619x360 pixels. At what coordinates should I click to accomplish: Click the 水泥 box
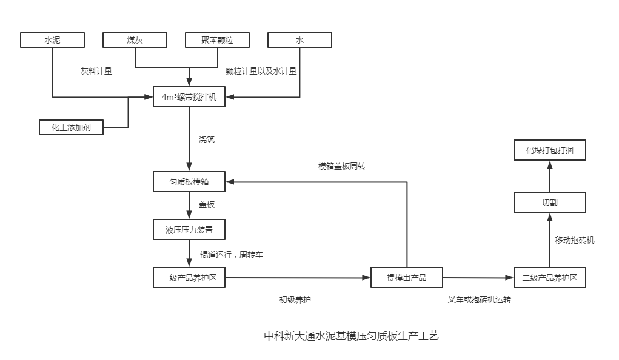pyautogui.click(x=52, y=40)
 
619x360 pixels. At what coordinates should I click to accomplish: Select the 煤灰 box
pyautogui.click(x=135, y=40)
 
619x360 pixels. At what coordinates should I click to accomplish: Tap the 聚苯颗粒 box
pyautogui.click(x=217, y=40)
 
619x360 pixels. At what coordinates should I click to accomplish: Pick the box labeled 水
pyautogui.click(x=299, y=40)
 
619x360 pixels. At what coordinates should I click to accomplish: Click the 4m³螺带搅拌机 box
pyautogui.click(x=189, y=97)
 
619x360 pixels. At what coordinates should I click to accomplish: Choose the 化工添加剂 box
pyautogui.click(x=70, y=127)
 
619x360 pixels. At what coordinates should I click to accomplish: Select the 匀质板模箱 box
pyautogui.click(x=189, y=181)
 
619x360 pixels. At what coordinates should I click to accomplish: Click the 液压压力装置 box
pyautogui.click(x=189, y=230)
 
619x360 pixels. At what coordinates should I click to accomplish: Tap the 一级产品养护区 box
pyautogui.click(x=189, y=278)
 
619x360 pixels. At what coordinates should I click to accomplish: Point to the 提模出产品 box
pyautogui.click(x=407, y=278)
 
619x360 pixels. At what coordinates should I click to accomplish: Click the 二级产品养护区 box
pyautogui.click(x=550, y=278)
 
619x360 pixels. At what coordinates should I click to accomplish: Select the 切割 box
pyautogui.click(x=550, y=202)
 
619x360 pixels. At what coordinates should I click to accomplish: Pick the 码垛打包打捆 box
pyautogui.click(x=550, y=150)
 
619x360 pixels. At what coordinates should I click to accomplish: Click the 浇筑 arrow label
pyautogui.click(x=207, y=139)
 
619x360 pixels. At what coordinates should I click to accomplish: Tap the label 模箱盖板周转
pyautogui.click(x=342, y=166)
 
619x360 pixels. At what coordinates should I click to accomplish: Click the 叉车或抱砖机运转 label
pyautogui.click(x=479, y=299)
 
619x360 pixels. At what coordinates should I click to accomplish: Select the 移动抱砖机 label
pyautogui.click(x=574, y=240)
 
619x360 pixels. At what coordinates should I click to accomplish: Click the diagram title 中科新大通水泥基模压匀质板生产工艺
pyautogui.click(x=351, y=336)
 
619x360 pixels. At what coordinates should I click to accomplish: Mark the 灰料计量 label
pyautogui.click(x=96, y=71)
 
